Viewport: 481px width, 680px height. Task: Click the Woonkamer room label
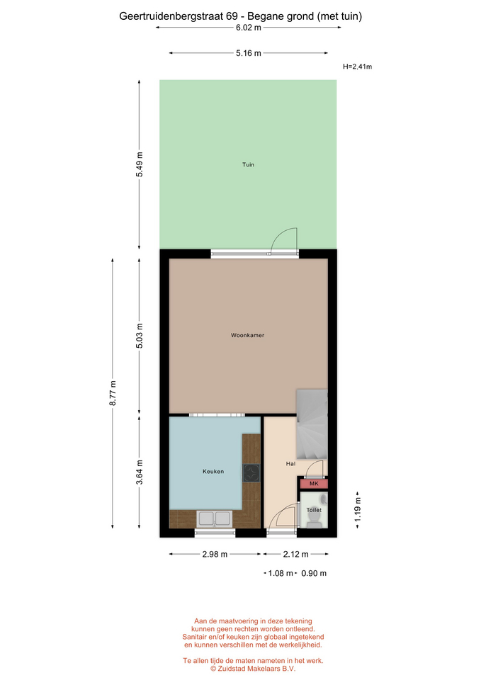click(247, 335)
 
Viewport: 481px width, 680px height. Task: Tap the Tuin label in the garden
click(248, 164)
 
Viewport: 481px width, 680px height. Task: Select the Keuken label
click(213, 472)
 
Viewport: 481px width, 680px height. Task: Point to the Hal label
click(290, 463)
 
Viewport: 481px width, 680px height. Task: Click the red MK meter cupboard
click(314, 483)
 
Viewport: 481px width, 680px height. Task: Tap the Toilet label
click(314, 510)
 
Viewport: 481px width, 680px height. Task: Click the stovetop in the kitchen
click(251, 473)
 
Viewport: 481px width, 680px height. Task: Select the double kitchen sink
click(214, 518)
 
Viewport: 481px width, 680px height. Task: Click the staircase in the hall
click(312, 424)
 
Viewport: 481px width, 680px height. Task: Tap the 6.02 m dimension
click(249, 28)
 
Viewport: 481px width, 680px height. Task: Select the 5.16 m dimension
click(249, 53)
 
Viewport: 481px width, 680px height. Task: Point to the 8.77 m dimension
click(113, 393)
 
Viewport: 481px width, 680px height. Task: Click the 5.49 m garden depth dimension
click(140, 164)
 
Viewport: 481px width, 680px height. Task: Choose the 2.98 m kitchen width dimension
click(215, 554)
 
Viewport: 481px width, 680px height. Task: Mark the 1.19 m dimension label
click(358, 510)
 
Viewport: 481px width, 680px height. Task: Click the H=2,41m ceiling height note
click(358, 67)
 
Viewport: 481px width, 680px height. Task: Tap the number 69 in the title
click(232, 16)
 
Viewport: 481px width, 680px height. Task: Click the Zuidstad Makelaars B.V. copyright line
click(253, 669)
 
